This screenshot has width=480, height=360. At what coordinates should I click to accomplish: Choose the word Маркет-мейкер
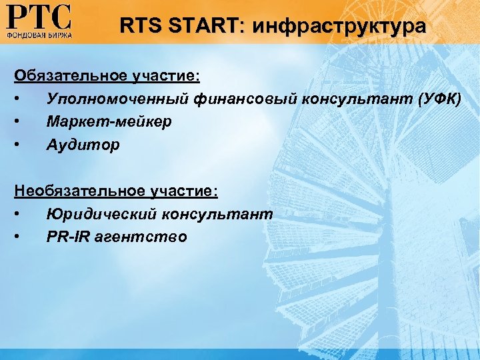[x=109, y=122]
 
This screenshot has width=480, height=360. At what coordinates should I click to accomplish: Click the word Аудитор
[x=83, y=145]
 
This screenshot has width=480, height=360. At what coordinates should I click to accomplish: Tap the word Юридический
[x=99, y=214]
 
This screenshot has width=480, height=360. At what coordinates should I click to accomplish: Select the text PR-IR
[x=69, y=237]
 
